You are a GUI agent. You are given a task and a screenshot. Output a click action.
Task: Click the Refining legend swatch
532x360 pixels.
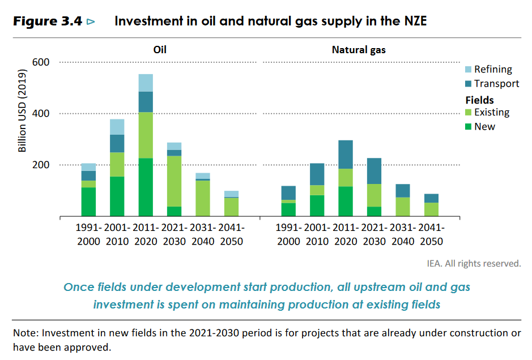(468, 70)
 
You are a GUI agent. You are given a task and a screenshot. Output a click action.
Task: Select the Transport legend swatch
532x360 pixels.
(468, 84)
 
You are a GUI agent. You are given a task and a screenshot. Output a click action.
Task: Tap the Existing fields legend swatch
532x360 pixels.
(468, 113)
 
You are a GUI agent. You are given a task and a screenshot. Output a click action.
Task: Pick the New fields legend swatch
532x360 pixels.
(468, 127)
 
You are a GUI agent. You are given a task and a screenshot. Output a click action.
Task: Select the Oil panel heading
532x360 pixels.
(160, 50)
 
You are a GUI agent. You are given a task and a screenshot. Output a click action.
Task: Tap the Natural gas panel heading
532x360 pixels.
(359, 50)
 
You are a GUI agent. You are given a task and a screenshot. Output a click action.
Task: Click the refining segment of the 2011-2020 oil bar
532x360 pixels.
(146, 83)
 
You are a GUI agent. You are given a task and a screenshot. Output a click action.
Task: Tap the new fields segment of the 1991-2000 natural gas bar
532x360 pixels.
(288, 209)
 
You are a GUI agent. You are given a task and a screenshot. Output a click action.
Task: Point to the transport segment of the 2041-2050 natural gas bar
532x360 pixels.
(432, 198)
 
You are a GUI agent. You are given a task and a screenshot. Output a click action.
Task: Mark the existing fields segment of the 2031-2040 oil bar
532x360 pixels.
(203, 198)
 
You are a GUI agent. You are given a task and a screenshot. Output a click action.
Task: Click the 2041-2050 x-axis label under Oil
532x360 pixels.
(231, 235)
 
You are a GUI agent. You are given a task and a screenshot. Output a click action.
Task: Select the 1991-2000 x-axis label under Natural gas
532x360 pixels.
(289, 235)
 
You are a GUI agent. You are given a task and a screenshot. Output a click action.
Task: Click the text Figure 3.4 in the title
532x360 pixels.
(48, 22)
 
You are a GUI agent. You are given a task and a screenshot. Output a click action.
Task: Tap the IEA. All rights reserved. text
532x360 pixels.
(474, 263)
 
